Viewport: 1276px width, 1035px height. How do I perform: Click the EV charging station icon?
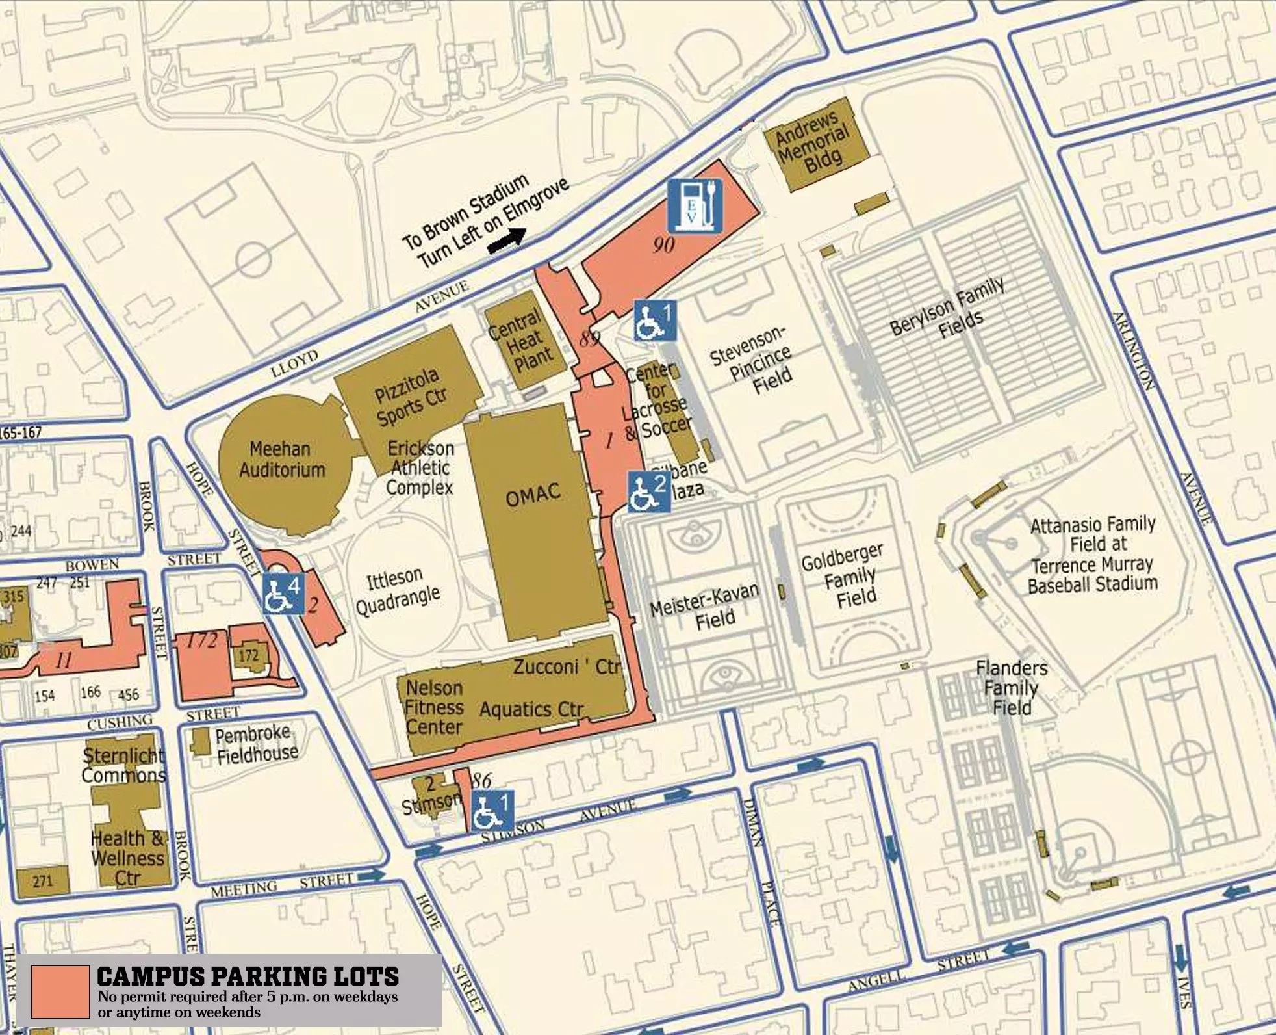695,205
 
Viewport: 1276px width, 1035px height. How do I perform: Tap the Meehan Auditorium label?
281,459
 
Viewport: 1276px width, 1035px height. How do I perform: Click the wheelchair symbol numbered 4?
283,594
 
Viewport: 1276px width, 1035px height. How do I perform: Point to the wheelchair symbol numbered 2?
648,492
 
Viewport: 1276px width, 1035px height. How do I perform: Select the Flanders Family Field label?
1011,687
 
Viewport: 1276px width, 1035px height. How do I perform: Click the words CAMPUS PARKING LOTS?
248,976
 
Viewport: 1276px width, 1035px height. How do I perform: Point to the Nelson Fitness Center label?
433,707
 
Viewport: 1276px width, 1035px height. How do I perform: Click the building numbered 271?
42,882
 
